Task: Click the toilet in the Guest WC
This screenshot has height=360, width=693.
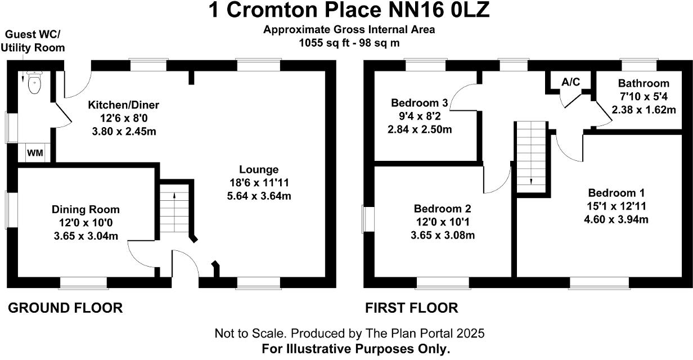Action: point(34,84)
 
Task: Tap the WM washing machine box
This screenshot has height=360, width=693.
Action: point(35,153)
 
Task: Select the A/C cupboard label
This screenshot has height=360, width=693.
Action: point(570,82)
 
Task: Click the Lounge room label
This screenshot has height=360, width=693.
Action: point(259,169)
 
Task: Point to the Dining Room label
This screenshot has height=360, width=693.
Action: point(85,209)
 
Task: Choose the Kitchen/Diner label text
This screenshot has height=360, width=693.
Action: point(123,105)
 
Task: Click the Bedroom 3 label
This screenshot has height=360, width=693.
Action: point(420,103)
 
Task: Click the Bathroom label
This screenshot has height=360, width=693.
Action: point(643,83)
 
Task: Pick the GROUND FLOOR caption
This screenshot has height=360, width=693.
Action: point(65,308)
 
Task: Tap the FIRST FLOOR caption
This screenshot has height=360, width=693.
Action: point(411,308)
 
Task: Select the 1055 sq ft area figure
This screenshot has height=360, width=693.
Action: point(321,43)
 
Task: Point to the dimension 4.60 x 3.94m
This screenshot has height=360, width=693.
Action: point(616,219)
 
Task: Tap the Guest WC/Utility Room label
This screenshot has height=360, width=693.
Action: point(33,42)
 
